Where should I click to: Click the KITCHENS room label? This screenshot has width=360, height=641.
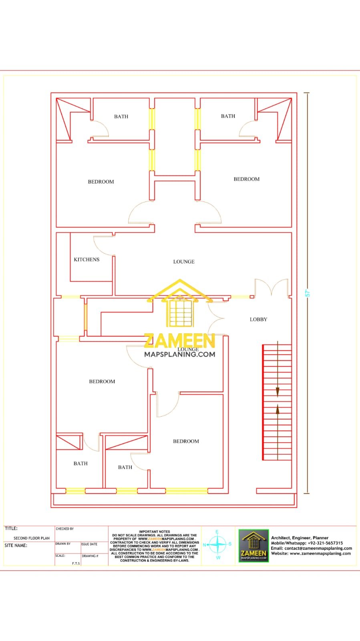coord(86,260)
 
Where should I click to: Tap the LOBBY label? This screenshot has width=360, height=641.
coord(258,319)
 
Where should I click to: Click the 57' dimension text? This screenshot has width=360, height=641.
coord(308,293)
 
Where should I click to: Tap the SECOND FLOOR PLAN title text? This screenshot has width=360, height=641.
coord(32,538)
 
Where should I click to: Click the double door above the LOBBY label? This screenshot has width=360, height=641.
coord(271,288)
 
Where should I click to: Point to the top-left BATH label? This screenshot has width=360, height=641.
coord(121,117)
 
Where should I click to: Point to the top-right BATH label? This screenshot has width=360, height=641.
coord(228,116)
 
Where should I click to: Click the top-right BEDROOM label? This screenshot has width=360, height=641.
coord(246,179)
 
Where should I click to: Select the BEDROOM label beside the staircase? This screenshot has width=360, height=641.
coord(186,441)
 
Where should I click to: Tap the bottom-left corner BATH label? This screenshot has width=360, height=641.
coord(80,464)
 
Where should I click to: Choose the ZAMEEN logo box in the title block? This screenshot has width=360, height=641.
coord(253,546)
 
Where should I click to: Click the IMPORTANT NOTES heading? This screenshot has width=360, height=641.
coord(155,532)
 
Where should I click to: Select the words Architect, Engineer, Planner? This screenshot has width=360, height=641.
coord(300,538)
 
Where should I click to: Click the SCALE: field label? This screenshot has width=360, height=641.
coord(60,556)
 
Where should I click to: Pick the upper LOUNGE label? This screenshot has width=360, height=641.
coord(184,262)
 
